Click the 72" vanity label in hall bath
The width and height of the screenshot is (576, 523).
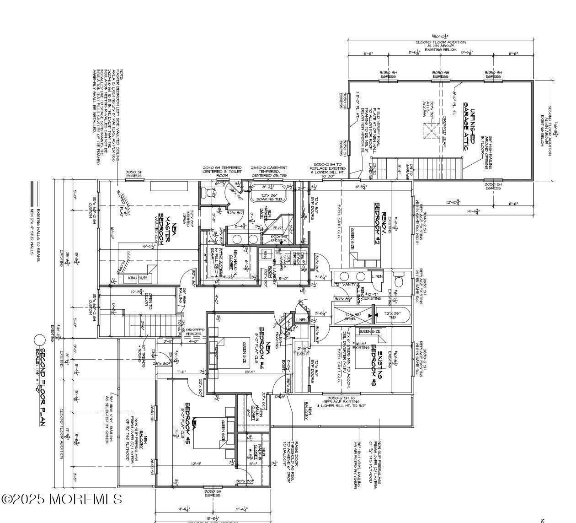click(345, 284)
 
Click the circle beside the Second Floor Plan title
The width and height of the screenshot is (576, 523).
click(40, 340)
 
